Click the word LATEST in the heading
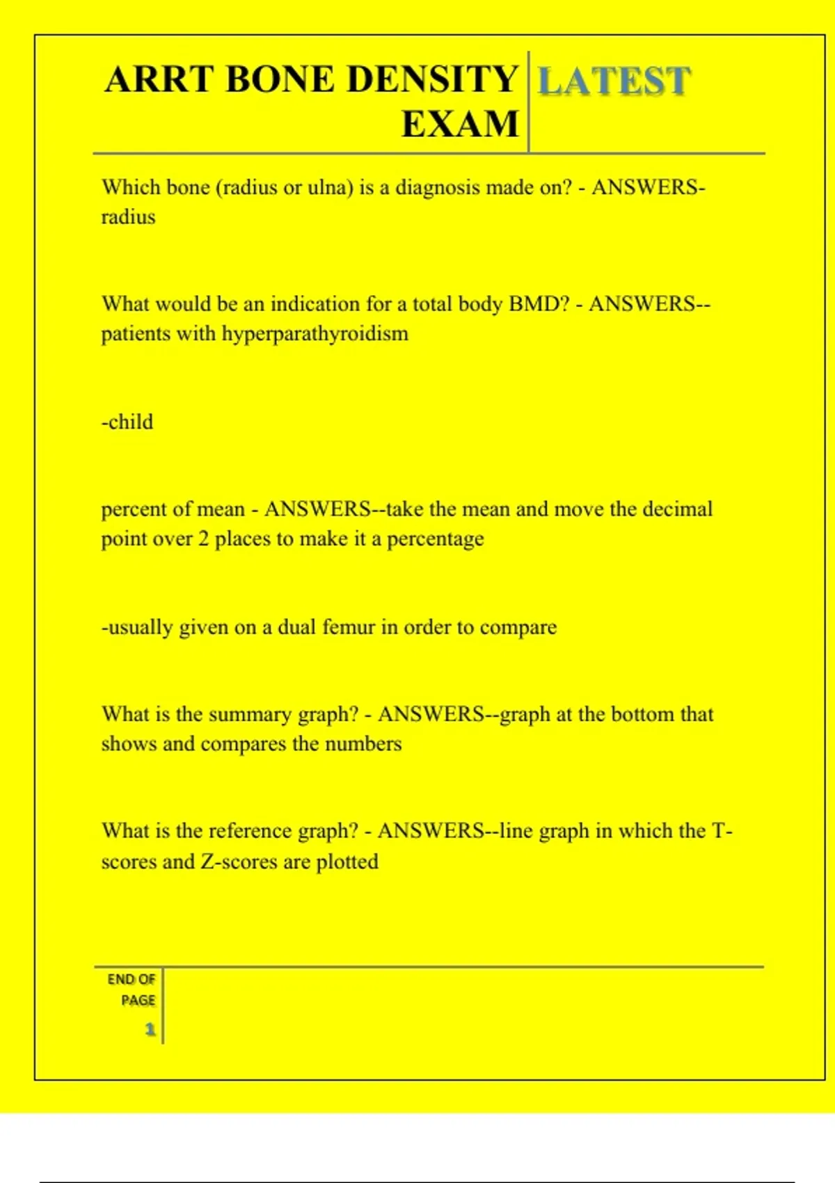tap(614, 81)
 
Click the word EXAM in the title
tap(460, 125)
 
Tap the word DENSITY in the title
tap(431, 79)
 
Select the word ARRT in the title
tap(159, 79)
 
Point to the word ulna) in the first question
tap(329, 187)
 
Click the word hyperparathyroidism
tap(315, 334)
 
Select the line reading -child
tap(127, 422)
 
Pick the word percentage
tap(435, 539)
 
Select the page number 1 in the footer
tap(150, 1029)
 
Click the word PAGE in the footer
tap(138, 1001)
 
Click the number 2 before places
tap(203, 539)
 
